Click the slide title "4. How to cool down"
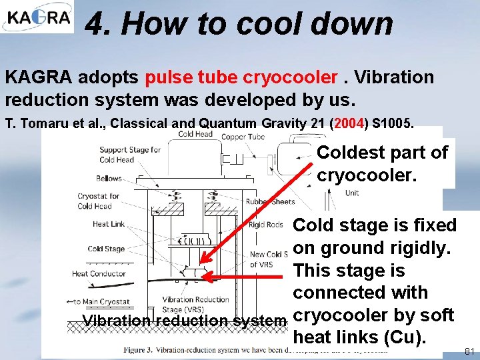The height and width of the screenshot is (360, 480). [239, 24]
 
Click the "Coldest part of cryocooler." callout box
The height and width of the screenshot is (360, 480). [382, 163]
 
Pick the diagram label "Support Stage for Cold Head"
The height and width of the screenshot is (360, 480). [130, 154]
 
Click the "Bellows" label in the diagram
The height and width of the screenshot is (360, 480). [109, 179]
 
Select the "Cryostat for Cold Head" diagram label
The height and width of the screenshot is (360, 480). [98, 201]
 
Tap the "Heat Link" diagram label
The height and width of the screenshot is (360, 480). [109, 224]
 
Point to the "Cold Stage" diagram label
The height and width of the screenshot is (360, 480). [106, 249]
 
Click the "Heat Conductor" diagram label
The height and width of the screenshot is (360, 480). [98, 273]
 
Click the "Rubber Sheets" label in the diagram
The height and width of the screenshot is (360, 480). [270, 202]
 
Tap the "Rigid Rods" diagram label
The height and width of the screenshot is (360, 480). [265, 225]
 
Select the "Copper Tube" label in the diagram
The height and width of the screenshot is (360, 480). [243, 137]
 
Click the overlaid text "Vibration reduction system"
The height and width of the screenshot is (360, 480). [183, 321]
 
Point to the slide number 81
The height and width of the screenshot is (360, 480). [469, 351]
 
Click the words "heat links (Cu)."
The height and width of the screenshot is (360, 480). [359, 337]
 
